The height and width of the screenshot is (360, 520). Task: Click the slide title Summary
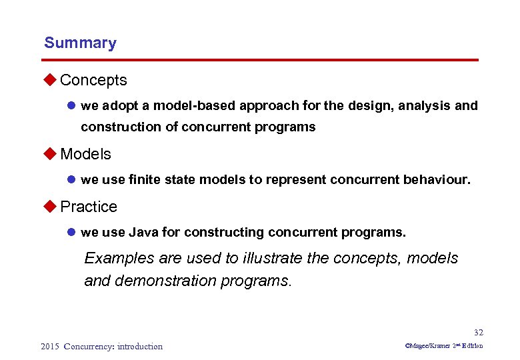click(80, 43)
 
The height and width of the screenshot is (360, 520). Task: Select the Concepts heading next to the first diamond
click(93, 80)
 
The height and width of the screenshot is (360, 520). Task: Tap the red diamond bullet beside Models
click(51, 154)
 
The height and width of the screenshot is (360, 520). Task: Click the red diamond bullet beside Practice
click(51, 207)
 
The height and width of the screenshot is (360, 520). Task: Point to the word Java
click(143, 233)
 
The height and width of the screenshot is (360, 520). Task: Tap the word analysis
click(424, 105)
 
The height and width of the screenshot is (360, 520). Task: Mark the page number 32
click(478, 333)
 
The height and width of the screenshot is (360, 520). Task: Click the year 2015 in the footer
click(49, 346)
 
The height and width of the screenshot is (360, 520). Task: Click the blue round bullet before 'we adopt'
click(71, 106)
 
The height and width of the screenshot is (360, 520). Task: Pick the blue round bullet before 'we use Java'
click(71, 233)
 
